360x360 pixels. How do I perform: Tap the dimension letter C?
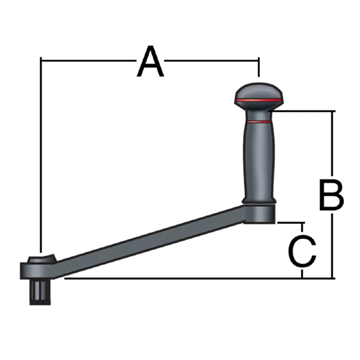pos(302,251)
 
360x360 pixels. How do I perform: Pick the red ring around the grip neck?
pos(258,122)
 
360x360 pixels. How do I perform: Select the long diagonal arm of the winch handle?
pos(150,240)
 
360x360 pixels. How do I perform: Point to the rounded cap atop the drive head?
pos(40,259)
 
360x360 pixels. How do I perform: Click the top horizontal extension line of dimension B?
pos(306,111)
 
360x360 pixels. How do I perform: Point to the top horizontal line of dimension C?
pos(291,222)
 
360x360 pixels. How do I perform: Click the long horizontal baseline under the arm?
pos(180,278)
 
